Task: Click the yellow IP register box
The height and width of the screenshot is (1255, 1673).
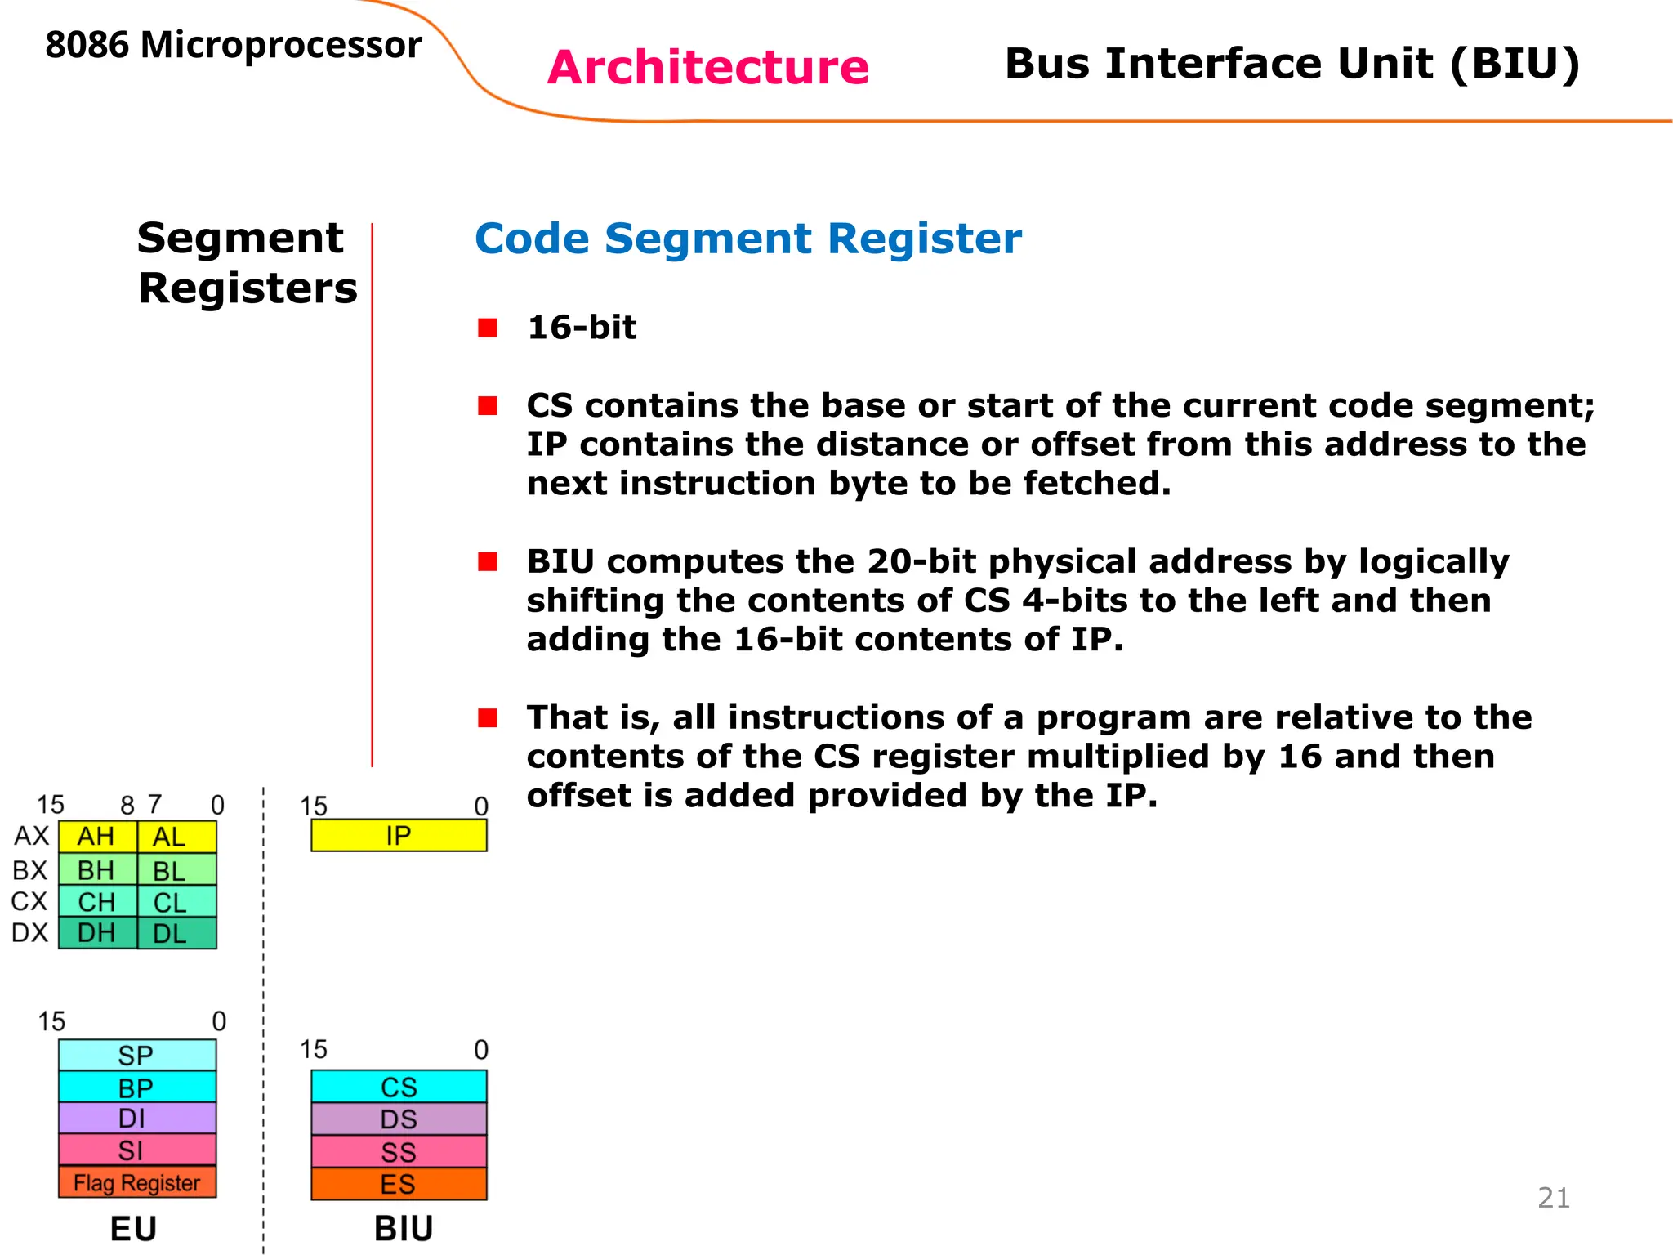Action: [399, 835]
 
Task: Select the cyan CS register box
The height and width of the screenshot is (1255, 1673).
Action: [399, 1087]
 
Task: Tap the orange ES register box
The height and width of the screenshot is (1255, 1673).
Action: [399, 1184]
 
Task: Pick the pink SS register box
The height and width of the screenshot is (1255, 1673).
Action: [399, 1151]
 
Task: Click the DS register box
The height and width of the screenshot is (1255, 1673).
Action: [399, 1119]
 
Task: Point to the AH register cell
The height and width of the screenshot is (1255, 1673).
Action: [96, 837]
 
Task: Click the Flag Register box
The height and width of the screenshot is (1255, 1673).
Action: [137, 1182]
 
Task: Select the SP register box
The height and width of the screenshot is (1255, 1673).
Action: [137, 1055]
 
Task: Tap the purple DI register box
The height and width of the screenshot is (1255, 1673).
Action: [137, 1118]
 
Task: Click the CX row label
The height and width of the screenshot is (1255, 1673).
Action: [29, 901]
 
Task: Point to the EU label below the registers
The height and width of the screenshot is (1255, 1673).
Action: [133, 1228]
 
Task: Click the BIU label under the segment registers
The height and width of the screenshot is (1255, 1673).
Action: [404, 1228]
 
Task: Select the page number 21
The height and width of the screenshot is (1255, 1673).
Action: [1553, 1197]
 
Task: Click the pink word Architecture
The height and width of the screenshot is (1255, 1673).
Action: [707, 67]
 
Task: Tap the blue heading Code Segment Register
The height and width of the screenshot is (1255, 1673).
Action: [747, 239]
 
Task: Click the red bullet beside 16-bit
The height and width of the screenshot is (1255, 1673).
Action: [488, 328]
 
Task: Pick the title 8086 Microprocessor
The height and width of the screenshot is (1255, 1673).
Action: [234, 45]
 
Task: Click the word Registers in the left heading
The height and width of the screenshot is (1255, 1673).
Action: [248, 288]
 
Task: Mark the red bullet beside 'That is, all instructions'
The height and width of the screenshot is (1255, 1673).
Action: [488, 717]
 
